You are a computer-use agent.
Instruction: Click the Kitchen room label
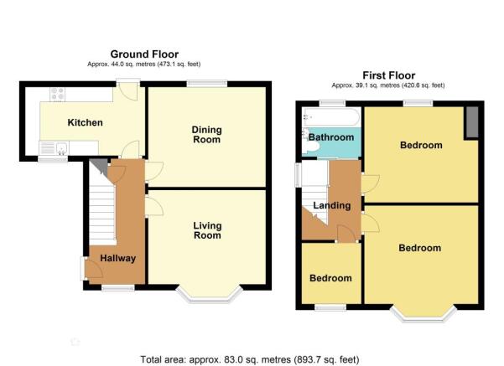(86, 122)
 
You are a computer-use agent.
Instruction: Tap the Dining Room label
(206, 135)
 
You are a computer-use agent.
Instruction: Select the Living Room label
(207, 230)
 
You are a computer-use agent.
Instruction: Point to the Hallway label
(117, 258)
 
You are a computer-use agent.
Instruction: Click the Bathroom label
(331, 137)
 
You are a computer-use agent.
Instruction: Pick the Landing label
(332, 205)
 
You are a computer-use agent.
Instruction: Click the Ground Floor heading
(144, 54)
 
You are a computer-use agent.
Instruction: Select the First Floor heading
(389, 75)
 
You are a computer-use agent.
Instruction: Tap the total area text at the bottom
(250, 359)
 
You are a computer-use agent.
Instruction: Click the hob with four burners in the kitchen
(58, 94)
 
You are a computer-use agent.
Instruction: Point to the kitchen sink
(61, 148)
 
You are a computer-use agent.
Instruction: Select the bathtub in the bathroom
(332, 117)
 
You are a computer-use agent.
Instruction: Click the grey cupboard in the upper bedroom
(472, 122)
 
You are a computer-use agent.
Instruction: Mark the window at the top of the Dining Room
(207, 83)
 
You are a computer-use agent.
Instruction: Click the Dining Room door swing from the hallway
(154, 171)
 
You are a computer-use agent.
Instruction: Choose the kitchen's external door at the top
(128, 90)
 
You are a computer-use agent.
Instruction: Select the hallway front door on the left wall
(91, 268)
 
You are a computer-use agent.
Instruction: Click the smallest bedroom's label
(330, 278)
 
